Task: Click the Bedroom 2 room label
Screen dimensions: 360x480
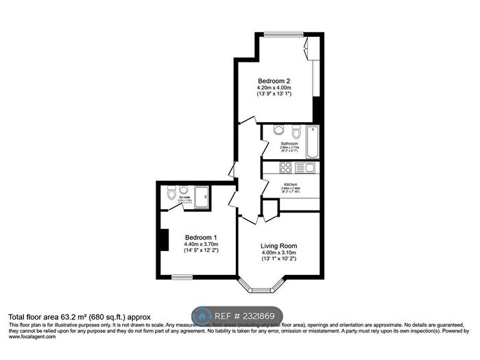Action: (274, 80)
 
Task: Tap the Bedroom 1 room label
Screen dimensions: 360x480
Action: (200, 237)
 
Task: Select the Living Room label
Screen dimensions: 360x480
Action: (278, 245)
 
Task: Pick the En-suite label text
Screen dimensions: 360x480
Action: (184, 197)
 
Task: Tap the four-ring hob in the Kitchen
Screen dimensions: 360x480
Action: (284, 167)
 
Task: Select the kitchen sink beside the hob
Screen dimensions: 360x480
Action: (308, 167)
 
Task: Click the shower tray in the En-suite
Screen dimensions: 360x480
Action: (202, 197)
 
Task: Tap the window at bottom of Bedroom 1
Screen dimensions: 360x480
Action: (182, 277)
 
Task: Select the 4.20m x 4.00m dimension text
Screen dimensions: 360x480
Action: (274, 88)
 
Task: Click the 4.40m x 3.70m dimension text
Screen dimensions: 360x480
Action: (200, 244)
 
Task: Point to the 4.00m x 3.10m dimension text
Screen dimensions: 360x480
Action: (278, 253)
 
